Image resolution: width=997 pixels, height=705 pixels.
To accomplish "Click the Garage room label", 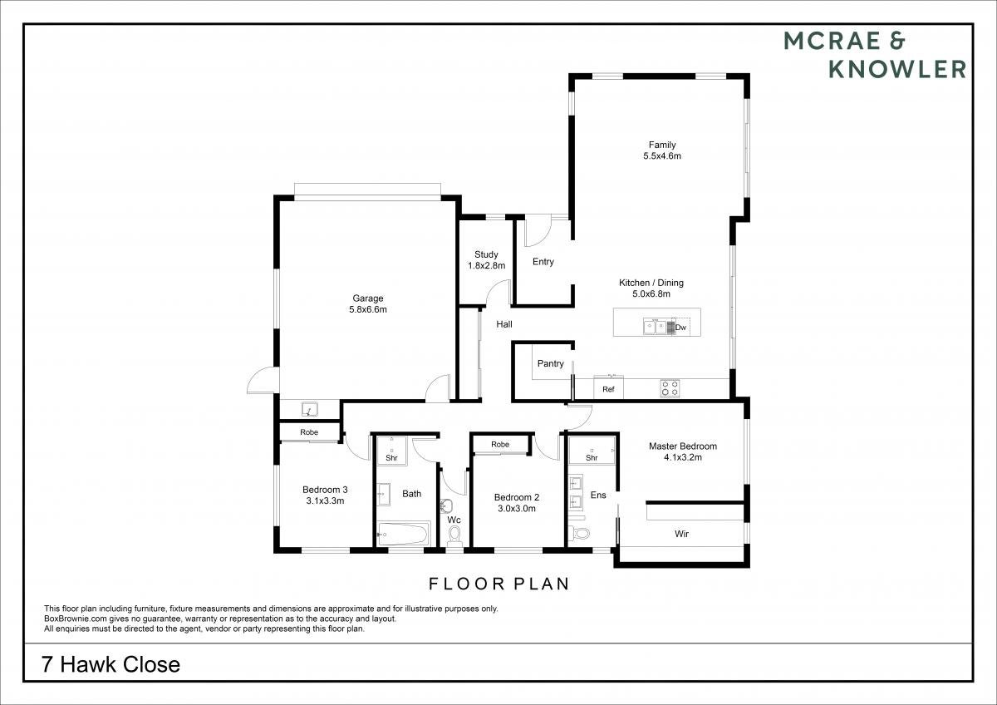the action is click(x=367, y=298).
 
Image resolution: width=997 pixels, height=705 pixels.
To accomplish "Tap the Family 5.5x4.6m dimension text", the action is click(x=662, y=155).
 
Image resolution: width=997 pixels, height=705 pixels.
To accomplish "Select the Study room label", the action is click(x=486, y=254).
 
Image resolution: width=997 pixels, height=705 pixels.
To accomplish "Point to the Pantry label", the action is click(x=551, y=363).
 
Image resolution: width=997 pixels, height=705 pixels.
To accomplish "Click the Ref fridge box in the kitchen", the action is click(x=608, y=387).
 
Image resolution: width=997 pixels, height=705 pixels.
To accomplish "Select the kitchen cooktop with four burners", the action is click(x=670, y=388).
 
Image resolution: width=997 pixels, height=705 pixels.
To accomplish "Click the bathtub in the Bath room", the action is click(x=403, y=534).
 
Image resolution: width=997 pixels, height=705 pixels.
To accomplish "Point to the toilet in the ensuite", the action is click(x=580, y=533).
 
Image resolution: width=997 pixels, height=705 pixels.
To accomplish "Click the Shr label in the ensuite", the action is click(x=592, y=458).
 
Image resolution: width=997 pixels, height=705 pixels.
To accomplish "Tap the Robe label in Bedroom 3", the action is click(x=309, y=432).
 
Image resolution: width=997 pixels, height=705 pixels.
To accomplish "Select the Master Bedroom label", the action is click(x=682, y=446).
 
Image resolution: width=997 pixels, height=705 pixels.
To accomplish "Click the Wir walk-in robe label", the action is click(x=681, y=534).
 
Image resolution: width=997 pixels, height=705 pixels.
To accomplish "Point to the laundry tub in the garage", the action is click(x=309, y=409).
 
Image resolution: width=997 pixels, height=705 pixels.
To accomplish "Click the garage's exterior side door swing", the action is click(x=263, y=381).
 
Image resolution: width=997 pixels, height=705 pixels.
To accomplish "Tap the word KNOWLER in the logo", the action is click(x=897, y=70).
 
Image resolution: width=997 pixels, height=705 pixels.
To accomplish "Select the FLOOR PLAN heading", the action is click(x=499, y=584).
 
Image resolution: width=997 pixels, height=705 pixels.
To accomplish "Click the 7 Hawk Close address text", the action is click(x=111, y=664).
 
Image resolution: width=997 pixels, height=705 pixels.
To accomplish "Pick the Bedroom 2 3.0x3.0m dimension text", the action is click(x=516, y=509).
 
